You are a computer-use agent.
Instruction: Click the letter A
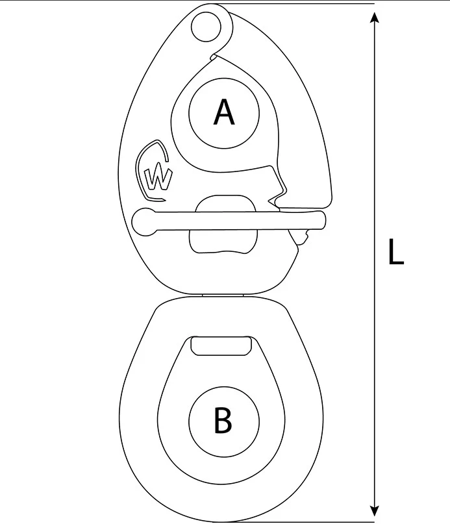(x=224, y=112)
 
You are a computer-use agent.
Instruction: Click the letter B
(x=223, y=420)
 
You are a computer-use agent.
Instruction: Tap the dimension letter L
(x=396, y=252)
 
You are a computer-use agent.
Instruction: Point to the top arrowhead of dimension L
(x=375, y=18)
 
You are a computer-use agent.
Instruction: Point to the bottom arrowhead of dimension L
(x=375, y=511)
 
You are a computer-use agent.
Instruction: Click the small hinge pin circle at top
(x=206, y=27)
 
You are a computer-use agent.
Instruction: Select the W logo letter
(x=158, y=179)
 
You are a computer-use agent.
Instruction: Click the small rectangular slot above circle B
(x=221, y=346)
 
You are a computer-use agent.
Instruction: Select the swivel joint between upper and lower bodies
(x=223, y=295)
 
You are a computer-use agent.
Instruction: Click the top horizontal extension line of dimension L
(x=294, y=4)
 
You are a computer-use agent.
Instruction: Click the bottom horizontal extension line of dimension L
(x=294, y=521)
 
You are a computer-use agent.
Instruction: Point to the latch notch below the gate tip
(x=275, y=202)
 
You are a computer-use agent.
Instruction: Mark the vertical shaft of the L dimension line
(x=375, y=264)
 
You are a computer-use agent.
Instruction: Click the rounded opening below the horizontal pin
(x=223, y=242)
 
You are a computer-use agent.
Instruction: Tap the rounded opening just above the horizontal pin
(x=226, y=203)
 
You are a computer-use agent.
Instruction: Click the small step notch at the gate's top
(x=213, y=56)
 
